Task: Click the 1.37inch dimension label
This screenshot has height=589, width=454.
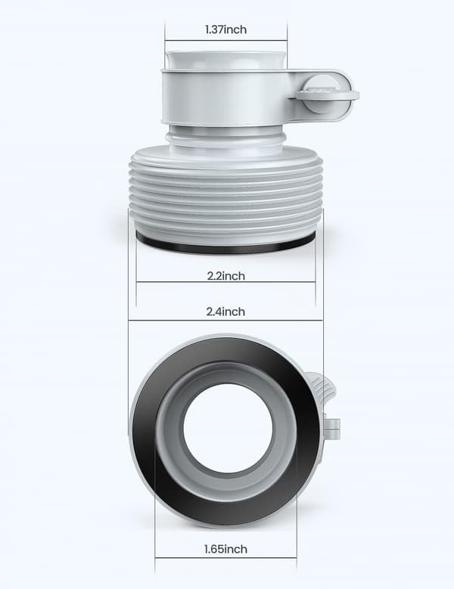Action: (x=226, y=29)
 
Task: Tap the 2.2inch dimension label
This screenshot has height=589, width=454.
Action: (x=226, y=276)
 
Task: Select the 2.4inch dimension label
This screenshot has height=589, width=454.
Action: (x=225, y=312)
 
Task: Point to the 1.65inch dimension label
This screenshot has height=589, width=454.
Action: (x=226, y=549)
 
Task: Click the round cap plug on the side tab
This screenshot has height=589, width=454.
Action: (x=328, y=95)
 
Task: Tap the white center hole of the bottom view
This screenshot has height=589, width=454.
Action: (x=228, y=428)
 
